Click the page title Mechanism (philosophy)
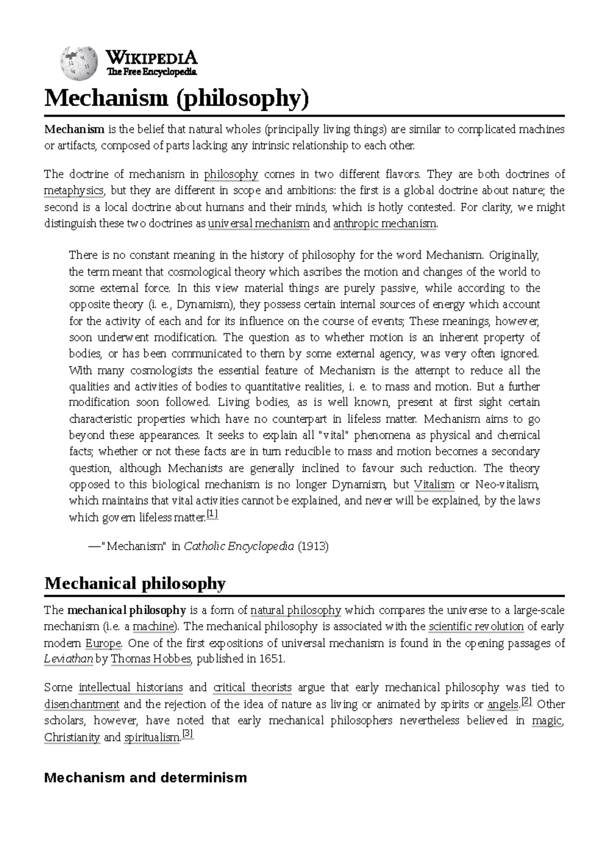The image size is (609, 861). click(x=176, y=98)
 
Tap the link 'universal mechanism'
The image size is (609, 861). click(x=259, y=224)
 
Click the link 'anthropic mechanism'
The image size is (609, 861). click(x=384, y=224)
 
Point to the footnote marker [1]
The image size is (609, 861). click(x=212, y=515)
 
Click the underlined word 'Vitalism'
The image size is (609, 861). click(x=434, y=484)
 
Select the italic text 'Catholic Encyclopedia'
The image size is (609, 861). click(x=239, y=546)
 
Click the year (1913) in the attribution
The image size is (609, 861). click(x=313, y=546)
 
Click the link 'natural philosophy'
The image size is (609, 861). click(x=296, y=610)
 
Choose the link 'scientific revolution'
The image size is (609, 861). click(x=476, y=627)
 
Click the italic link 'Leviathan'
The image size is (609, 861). click(x=69, y=660)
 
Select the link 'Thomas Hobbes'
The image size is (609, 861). click(x=151, y=660)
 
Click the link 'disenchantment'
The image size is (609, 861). click(x=82, y=704)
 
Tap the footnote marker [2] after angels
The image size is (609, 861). click(x=526, y=702)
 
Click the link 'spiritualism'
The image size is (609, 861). click(x=152, y=737)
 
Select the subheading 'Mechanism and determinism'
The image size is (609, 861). click(x=146, y=777)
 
